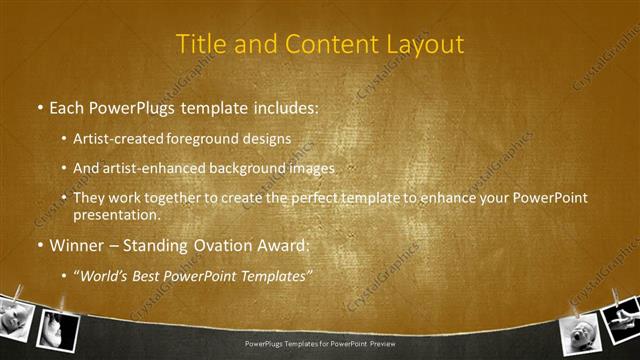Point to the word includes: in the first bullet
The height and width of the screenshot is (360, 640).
280,106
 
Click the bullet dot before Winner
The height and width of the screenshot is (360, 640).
38,244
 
